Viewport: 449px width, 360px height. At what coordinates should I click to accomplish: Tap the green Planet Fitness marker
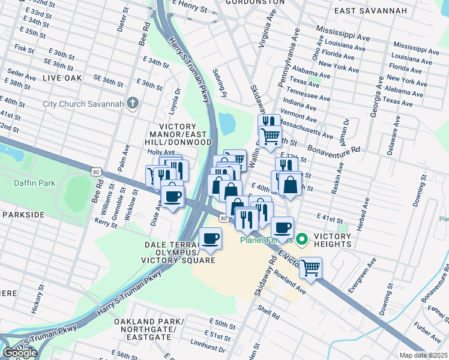click(x=302, y=241)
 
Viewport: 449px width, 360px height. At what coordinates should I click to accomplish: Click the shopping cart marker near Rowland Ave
click(x=310, y=268)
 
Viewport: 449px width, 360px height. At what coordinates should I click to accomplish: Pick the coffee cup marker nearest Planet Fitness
click(x=282, y=228)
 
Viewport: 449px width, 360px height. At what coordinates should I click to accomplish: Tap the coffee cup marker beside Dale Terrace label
click(x=210, y=239)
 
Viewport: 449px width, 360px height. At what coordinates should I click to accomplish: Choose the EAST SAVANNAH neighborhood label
click(x=370, y=11)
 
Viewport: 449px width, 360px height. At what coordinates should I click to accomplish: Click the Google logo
click(x=20, y=353)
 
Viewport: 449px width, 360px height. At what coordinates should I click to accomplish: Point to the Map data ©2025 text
click(x=424, y=355)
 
